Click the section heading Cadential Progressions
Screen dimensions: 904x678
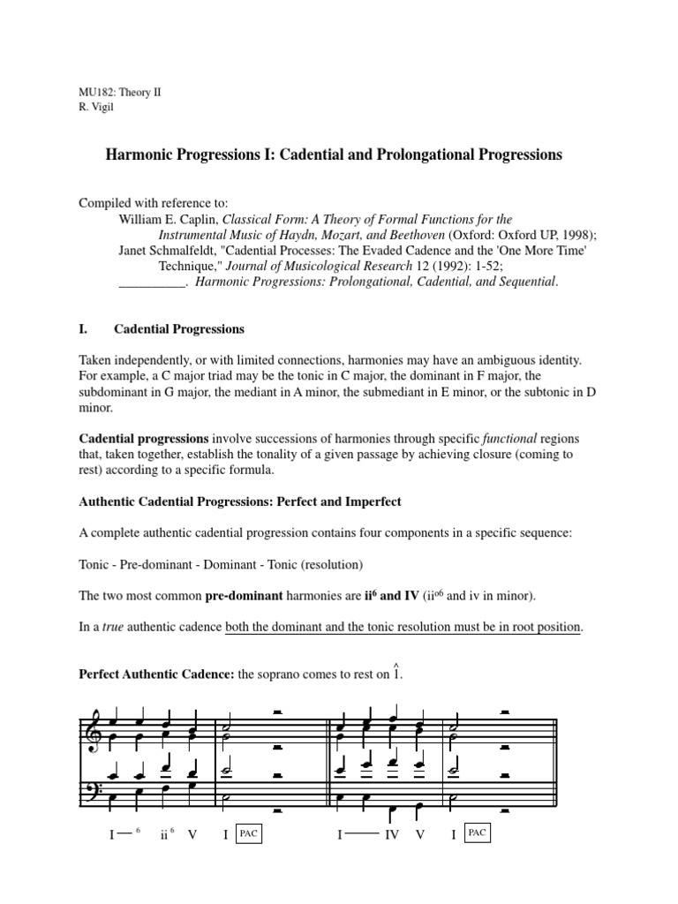178,329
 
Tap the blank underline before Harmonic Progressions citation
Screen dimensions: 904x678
151,282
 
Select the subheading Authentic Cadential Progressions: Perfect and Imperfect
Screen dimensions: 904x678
240,501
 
